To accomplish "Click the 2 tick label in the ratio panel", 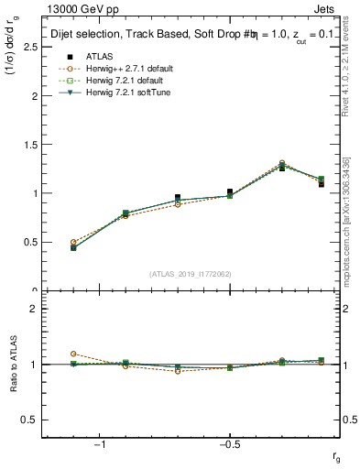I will [x=35, y=309].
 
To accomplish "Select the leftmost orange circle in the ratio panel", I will [x=73, y=354].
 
